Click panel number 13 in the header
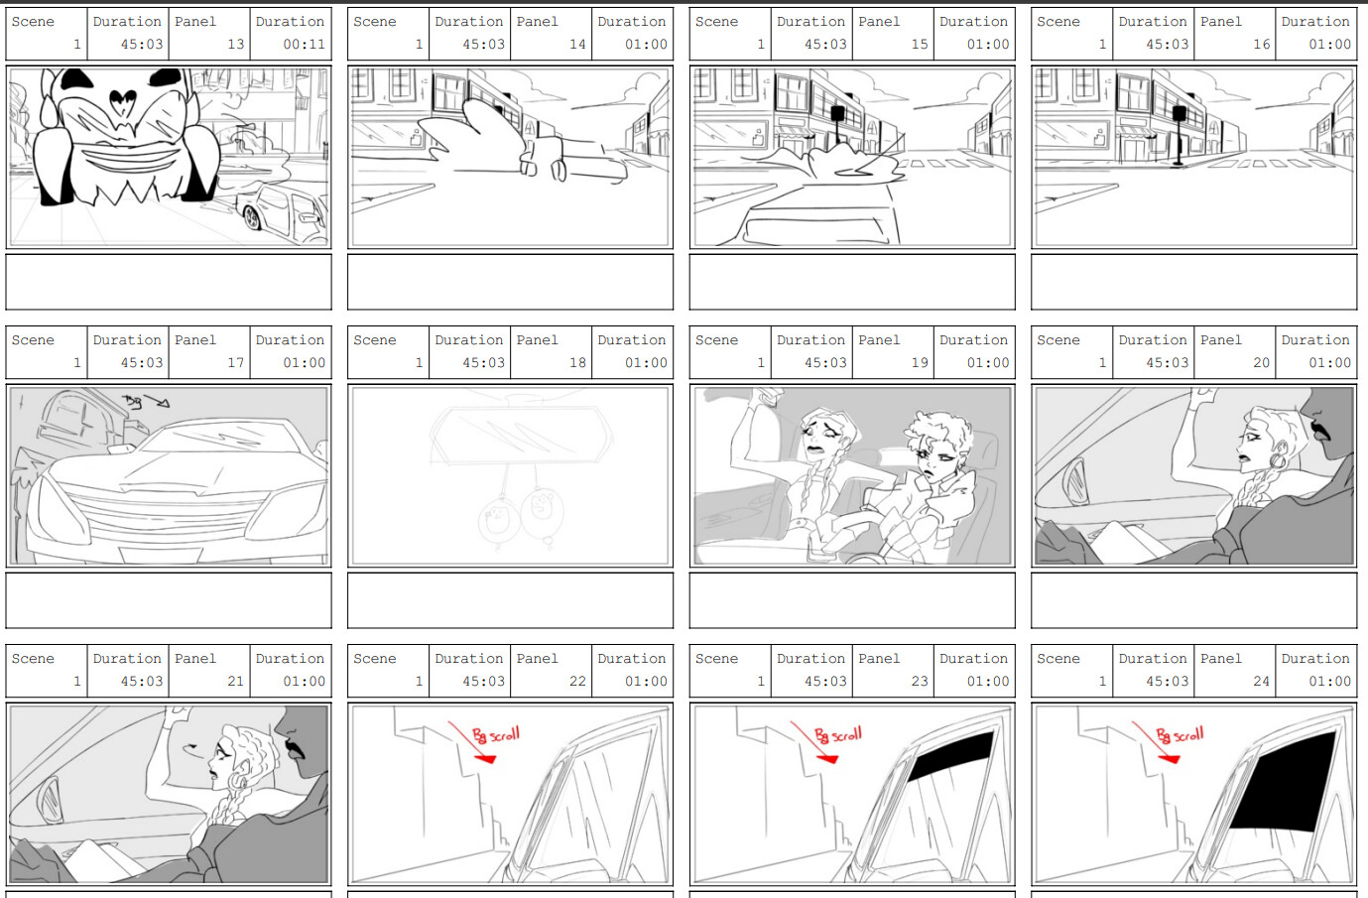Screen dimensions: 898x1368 (x=235, y=45)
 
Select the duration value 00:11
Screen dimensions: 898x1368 (x=304, y=45)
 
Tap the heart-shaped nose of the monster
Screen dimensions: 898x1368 (x=123, y=99)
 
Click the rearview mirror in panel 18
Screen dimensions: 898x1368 (x=520, y=438)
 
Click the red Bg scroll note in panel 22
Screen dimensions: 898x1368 (x=495, y=735)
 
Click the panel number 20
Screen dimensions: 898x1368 (x=1261, y=363)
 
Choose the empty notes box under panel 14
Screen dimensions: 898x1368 (x=510, y=282)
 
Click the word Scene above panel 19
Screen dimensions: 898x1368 (x=716, y=340)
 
